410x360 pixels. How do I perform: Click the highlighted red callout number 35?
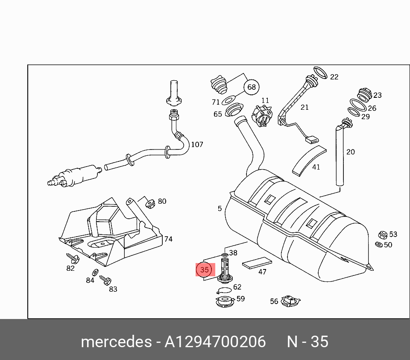(205, 270)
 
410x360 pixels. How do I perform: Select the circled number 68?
(252, 87)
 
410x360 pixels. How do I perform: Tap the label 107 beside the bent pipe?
(197, 145)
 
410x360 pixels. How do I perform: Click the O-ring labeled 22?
(321, 73)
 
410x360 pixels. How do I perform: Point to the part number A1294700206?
(215, 342)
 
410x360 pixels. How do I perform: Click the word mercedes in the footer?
(115, 342)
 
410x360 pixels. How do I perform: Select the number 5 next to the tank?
(220, 208)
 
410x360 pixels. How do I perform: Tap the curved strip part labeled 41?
(308, 160)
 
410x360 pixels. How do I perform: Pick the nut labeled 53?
(383, 235)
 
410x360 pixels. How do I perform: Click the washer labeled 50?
(378, 245)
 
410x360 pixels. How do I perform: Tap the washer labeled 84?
(95, 272)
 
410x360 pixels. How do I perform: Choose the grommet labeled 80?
(150, 203)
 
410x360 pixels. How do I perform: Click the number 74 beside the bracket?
(168, 239)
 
